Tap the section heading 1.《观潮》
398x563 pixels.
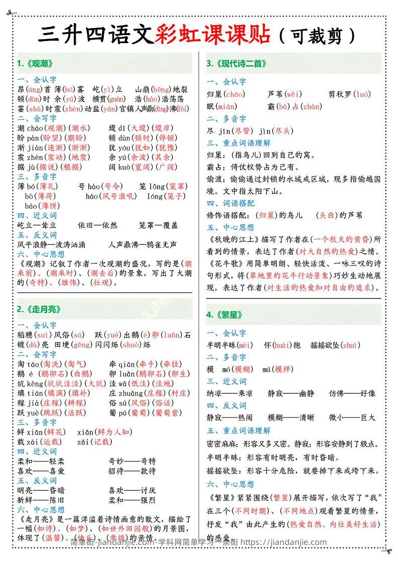(35, 64)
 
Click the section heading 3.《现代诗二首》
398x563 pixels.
(236, 64)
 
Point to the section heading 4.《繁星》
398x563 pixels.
(225, 315)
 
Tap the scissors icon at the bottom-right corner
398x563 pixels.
(387, 551)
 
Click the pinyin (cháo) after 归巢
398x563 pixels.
(234, 94)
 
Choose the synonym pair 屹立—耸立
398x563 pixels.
(37, 225)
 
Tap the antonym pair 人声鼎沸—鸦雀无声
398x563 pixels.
(143, 245)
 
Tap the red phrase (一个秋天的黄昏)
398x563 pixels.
(341, 239)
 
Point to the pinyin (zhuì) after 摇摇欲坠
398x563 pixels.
(350, 345)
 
